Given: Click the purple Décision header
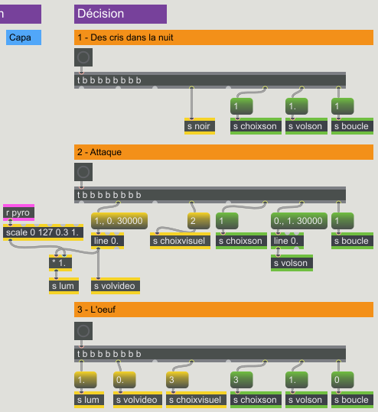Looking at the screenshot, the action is [120, 14].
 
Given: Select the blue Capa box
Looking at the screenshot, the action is [24, 37].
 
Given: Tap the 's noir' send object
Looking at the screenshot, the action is [200, 126].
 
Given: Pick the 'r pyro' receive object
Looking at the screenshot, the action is [18, 212].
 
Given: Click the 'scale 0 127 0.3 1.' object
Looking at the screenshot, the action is [43, 232].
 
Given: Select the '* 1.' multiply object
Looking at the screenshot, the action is [60, 263].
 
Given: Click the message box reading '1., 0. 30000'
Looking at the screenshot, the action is [119, 221].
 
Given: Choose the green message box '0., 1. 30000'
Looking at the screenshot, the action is [299, 221].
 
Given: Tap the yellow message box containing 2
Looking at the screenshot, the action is [199, 221].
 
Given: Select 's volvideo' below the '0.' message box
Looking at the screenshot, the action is [138, 400].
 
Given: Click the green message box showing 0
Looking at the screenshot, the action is [343, 380].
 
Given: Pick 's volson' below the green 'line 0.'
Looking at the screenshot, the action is [292, 263].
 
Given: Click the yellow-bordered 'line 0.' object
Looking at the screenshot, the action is [107, 241].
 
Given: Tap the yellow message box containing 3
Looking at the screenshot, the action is [178, 380].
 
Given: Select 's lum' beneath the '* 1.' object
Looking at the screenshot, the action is [64, 286].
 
